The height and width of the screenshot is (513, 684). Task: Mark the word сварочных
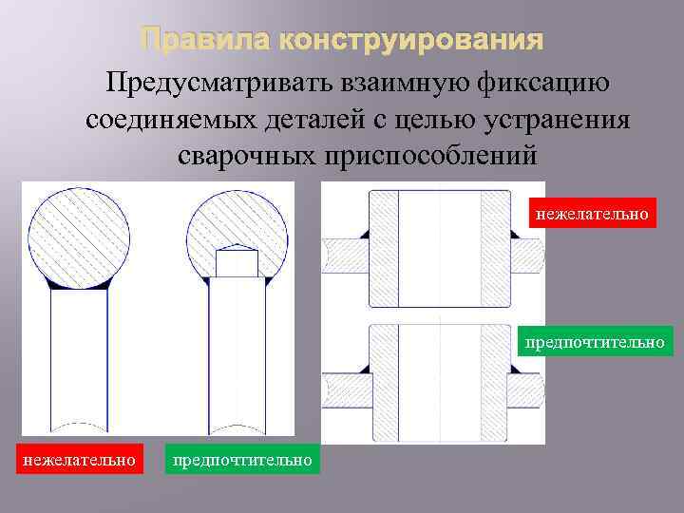[252, 155]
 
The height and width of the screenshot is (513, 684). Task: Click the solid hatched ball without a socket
[79, 233]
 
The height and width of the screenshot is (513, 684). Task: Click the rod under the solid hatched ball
[79, 361]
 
